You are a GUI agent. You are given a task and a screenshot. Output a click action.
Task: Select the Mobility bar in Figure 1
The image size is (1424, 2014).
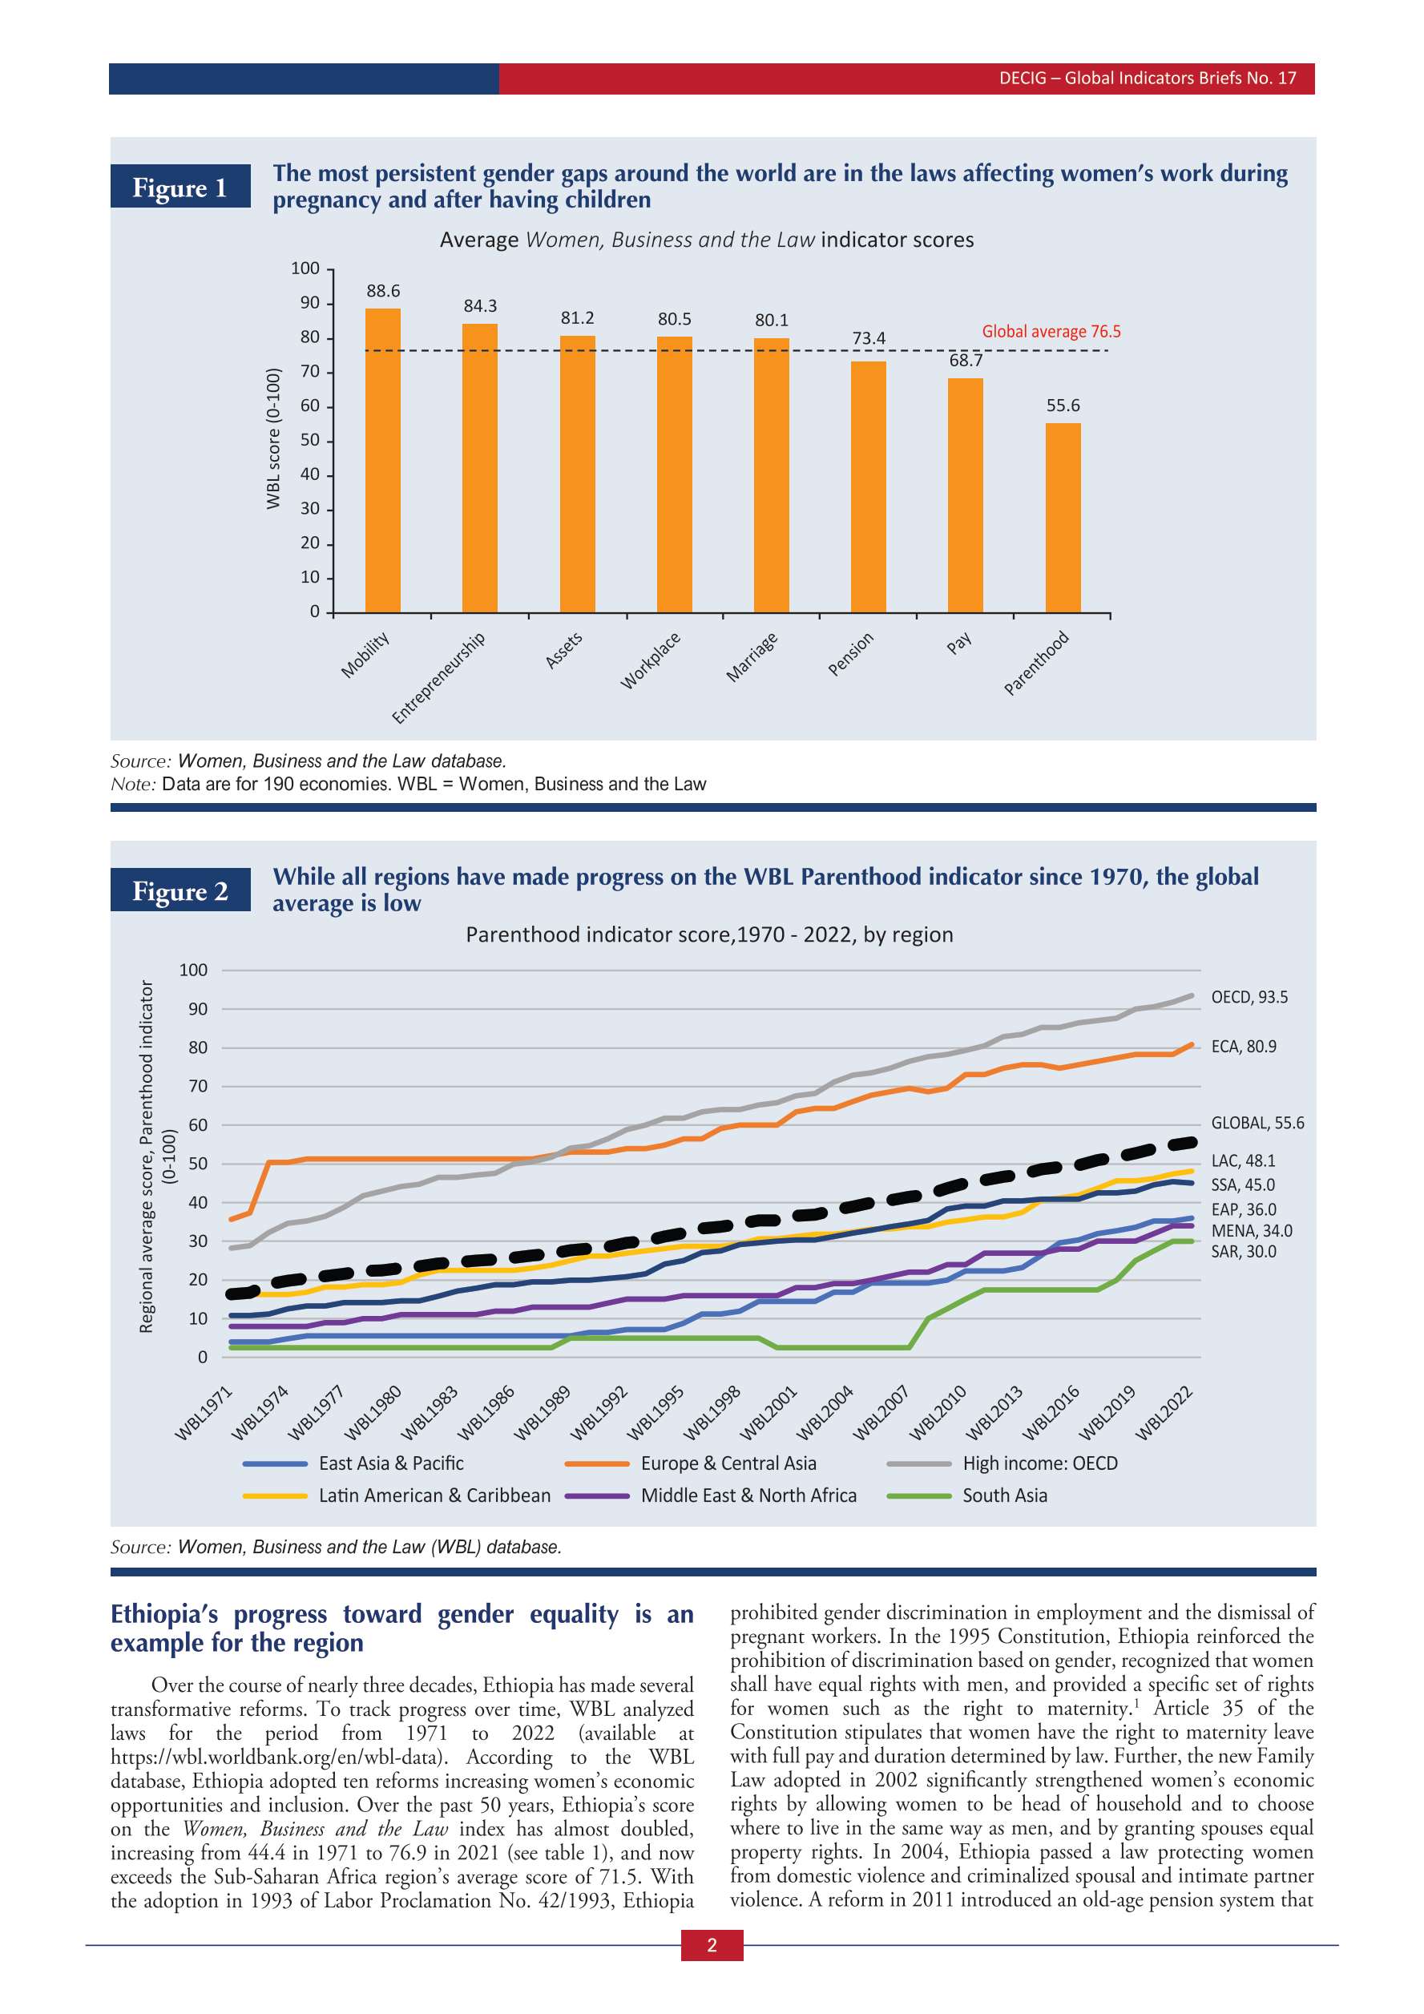[x=382, y=460]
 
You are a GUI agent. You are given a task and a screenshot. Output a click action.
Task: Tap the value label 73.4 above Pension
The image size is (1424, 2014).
[x=868, y=338]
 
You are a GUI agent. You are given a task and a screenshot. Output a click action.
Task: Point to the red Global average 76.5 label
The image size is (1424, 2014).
[x=1051, y=332]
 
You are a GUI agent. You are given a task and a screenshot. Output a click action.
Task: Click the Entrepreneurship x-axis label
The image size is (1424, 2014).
[x=438, y=677]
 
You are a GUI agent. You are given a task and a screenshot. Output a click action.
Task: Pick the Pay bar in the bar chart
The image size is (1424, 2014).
[x=965, y=494]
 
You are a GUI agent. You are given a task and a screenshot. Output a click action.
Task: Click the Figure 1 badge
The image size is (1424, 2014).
[x=180, y=187]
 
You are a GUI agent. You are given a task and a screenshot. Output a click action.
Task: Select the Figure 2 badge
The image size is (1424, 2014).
[x=180, y=890]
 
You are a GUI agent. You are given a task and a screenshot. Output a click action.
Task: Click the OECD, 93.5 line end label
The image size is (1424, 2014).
[x=1249, y=997]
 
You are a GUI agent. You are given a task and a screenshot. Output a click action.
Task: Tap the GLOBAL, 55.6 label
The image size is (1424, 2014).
[x=1257, y=1123]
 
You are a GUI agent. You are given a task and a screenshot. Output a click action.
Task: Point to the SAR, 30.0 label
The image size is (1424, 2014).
[x=1244, y=1252]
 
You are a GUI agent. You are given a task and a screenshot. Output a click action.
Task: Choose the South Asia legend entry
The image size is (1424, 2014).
[x=1004, y=1495]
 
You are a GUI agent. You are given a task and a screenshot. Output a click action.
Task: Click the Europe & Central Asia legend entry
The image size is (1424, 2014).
[x=728, y=1463]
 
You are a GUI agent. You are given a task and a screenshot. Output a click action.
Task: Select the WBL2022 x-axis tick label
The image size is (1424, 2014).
[x=1164, y=1413]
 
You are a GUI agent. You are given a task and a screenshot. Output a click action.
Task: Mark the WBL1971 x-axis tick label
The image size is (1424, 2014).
[x=204, y=1413]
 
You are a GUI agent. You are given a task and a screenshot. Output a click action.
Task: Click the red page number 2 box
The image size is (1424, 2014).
[x=712, y=1945]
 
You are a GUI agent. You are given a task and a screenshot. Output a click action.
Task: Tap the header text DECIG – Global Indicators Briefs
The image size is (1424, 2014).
[x=1147, y=78]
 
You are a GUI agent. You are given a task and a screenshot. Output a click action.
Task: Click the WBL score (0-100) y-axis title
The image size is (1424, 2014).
[x=273, y=438]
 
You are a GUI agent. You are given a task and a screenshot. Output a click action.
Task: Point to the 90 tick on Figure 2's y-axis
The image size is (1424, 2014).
[x=197, y=1009]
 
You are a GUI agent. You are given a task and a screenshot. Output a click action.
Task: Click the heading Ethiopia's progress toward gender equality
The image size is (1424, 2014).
[x=401, y=1628]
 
